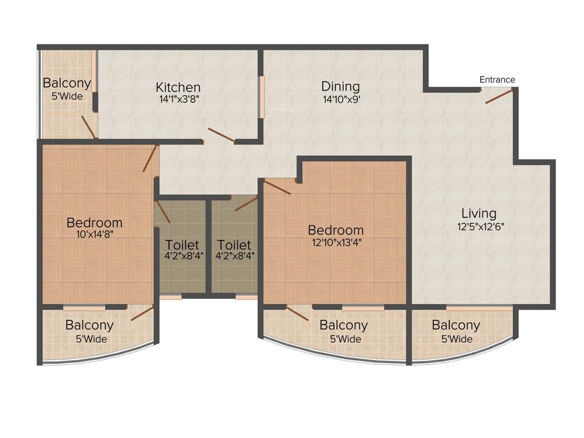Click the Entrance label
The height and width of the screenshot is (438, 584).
(497, 80)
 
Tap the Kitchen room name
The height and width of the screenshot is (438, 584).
(178, 87)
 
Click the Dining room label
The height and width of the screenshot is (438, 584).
(340, 87)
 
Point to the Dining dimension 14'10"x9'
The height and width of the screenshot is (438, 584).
(340, 99)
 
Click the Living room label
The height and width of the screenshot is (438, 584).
(478, 213)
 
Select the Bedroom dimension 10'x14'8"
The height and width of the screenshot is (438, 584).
(94, 233)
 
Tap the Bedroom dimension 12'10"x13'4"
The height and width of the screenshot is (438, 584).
(335, 241)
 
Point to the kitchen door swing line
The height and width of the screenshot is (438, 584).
(221, 135)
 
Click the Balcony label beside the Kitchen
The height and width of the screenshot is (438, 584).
(67, 83)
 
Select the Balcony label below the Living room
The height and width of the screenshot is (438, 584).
(456, 326)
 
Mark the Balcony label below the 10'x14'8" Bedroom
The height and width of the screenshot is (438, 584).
(89, 326)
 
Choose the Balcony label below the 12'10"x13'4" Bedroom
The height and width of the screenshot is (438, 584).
(343, 326)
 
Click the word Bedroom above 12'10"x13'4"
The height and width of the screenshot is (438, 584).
(335, 230)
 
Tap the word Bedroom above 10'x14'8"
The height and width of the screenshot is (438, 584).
(94, 222)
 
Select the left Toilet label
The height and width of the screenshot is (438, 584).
(182, 245)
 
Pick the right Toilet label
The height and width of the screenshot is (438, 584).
(234, 245)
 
